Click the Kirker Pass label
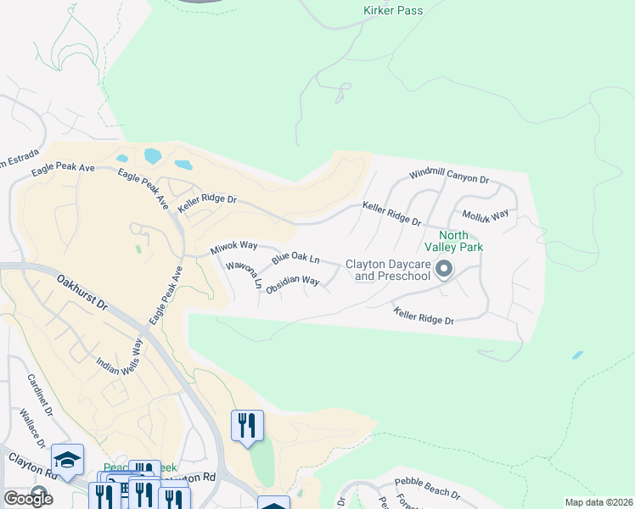click(392, 11)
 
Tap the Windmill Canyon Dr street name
click(450, 176)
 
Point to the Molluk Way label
click(486, 215)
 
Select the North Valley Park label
click(460, 241)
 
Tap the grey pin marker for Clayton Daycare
click(442, 271)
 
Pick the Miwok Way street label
click(233, 248)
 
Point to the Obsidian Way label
click(292, 285)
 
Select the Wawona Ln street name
click(243, 274)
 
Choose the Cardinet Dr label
click(40, 397)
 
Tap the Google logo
click(27, 499)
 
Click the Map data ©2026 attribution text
click(599, 502)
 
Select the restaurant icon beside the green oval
click(248, 426)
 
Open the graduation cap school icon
click(68, 460)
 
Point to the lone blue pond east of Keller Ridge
click(577, 355)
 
